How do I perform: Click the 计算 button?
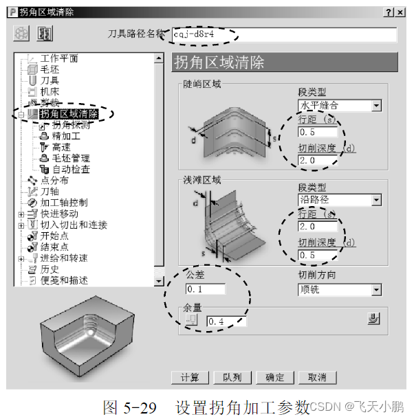coord(190,378)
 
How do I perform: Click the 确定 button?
coord(274,378)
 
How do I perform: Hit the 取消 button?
coord(317,378)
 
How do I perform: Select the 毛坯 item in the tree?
coord(50,69)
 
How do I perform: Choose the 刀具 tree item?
coord(50,80)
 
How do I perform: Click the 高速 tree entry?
coord(61,147)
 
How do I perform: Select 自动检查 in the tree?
coord(71,169)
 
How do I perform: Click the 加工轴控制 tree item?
coord(63,203)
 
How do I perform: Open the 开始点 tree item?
coord(54,236)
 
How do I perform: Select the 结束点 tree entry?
coord(54,247)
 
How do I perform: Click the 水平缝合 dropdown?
coord(339,106)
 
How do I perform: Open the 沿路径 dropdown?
coord(339,201)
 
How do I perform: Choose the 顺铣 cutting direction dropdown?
coord(339,290)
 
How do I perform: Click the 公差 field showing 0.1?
coord(204,290)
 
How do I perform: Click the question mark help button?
coord(388,13)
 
